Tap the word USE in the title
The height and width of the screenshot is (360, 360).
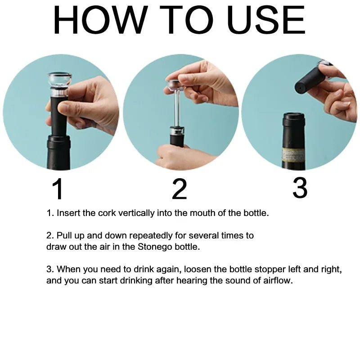coord(266,20)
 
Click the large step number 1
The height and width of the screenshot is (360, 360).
coord(58,189)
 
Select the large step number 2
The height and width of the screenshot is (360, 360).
coord(180,189)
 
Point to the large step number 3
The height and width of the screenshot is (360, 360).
coord(300,188)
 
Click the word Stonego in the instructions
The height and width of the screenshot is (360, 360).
coord(155,247)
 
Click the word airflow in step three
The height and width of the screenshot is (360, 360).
coord(278,280)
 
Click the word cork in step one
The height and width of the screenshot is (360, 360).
coord(107,213)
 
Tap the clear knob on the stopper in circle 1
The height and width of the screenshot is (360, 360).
coord(59,81)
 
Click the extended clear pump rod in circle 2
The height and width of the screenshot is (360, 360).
coord(177,108)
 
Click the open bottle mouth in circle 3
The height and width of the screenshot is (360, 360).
coord(294,115)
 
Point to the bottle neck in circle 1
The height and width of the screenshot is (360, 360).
coord(58,152)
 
